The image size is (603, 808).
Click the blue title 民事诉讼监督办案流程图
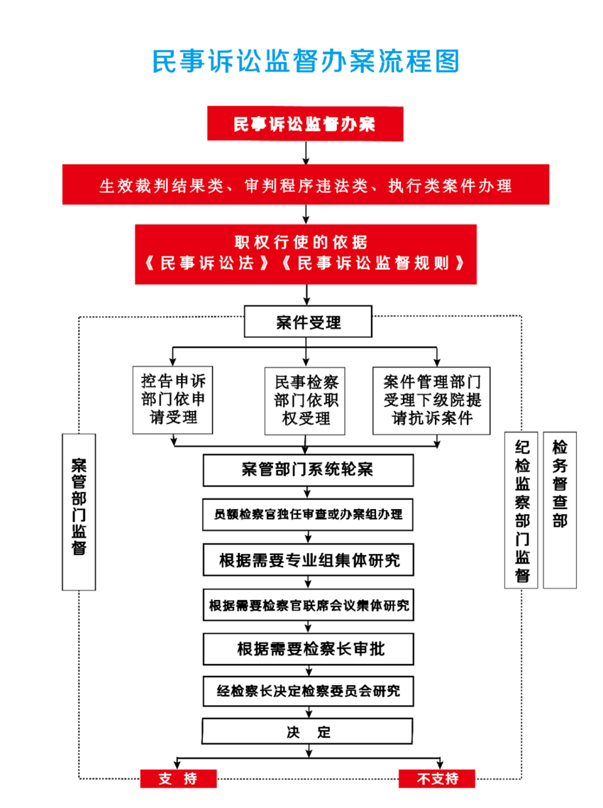coord(305,61)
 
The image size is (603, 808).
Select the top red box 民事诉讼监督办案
coord(305,124)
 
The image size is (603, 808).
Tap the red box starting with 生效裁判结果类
coord(306,185)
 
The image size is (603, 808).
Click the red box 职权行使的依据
coord(306,254)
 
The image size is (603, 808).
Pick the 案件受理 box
coord(308,322)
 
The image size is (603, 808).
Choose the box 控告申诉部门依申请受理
coord(172,400)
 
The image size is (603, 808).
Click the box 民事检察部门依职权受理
coord(305,401)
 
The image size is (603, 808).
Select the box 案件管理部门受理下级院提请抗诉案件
coord(431,400)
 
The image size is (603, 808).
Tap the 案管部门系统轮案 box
coord(308,470)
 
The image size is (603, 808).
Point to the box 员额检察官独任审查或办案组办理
coord(308,514)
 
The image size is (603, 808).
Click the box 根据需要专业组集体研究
coord(309,559)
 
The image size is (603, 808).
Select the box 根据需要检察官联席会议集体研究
coord(309,605)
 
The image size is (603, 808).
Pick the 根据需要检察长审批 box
coord(309,649)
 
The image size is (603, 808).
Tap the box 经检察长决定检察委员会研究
coord(309,691)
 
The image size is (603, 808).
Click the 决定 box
coord(307,731)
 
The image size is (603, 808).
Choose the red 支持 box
coord(178,778)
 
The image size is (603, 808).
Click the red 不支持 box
coord(437,778)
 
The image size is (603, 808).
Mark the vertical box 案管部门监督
coord(79,512)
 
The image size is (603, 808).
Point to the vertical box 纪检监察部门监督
coord(521,511)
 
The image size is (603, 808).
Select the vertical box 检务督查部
coord(560,511)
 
